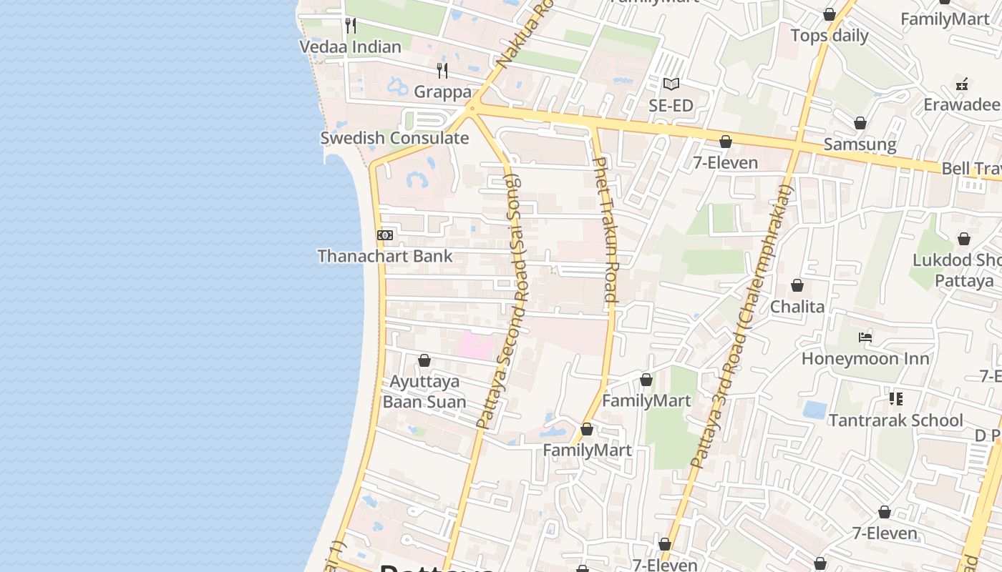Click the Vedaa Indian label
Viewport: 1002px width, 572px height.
pyautogui.click(x=350, y=47)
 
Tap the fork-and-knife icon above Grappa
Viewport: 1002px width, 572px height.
pyautogui.click(x=442, y=70)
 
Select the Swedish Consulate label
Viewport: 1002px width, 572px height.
pyautogui.click(x=394, y=138)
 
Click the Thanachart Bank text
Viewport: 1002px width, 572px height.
pyautogui.click(x=385, y=256)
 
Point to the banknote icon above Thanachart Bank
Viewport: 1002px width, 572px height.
pyautogui.click(x=385, y=235)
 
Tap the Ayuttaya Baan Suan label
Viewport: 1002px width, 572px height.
pyautogui.click(x=424, y=392)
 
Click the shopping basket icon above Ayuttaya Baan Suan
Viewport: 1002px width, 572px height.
pyautogui.click(x=424, y=360)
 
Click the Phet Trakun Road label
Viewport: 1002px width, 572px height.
pyautogui.click(x=605, y=229)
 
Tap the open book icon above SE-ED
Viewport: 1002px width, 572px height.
pyautogui.click(x=671, y=84)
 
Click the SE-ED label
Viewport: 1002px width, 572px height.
pyautogui.click(x=671, y=106)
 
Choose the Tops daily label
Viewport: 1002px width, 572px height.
pyautogui.click(x=829, y=36)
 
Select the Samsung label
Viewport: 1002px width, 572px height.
pyautogui.click(x=860, y=144)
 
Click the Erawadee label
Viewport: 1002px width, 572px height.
pyautogui.click(x=961, y=105)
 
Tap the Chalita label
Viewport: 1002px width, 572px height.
pyautogui.click(x=797, y=307)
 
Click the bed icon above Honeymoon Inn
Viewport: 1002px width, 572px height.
pyautogui.click(x=865, y=337)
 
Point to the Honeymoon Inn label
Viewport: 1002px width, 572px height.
pyautogui.click(x=865, y=358)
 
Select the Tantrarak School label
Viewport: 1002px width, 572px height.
pyautogui.click(x=895, y=420)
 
